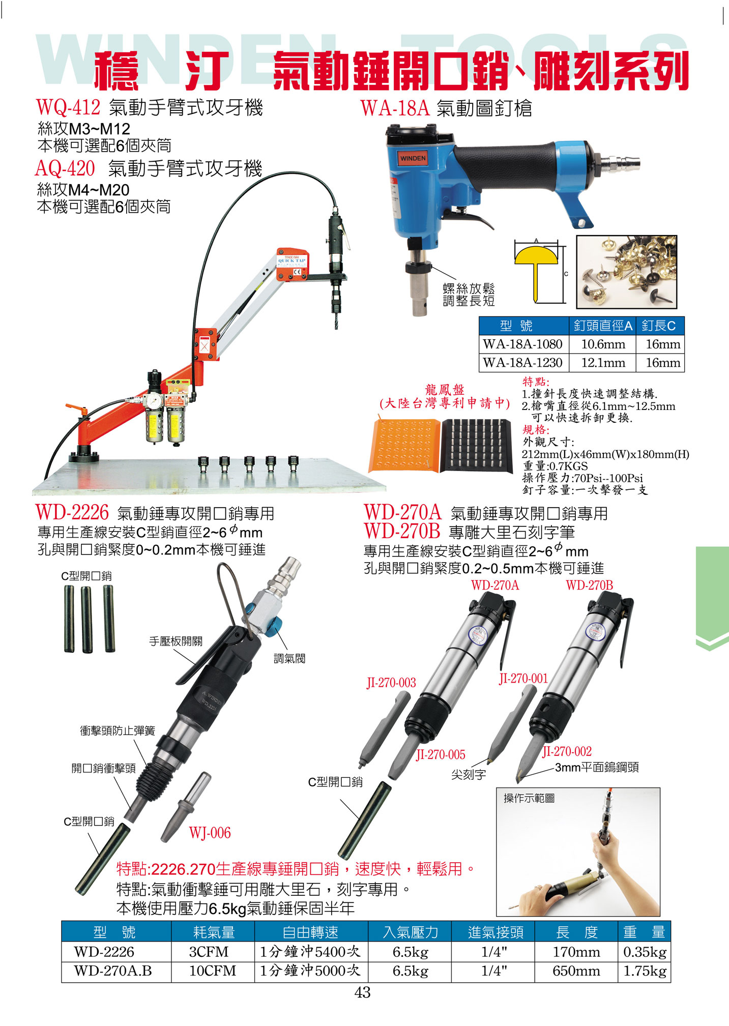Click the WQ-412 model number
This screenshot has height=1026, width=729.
(68, 108)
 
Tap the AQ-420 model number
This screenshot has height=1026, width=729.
(65, 168)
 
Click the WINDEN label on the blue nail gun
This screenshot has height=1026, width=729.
(413, 158)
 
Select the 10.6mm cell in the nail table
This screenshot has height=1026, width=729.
(603, 344)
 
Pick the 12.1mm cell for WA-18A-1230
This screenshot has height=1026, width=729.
(603, 363)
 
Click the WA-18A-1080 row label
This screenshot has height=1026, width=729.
(523, 344)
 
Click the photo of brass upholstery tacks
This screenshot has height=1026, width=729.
(627, 272)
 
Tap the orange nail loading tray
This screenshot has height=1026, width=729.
(405, 445)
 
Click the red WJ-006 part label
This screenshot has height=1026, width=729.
(210, 833)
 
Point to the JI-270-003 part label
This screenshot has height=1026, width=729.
(391, 683)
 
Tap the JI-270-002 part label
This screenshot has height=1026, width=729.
(567, 751)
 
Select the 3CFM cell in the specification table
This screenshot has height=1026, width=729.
(209, 951)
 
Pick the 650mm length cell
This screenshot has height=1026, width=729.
(576, 971)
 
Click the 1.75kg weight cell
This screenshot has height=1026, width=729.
(645, 971)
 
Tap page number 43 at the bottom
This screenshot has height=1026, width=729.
(362, 992)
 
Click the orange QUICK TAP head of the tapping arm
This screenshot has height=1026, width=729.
(292, 264)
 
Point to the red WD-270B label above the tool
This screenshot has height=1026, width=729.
(589, 585)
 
